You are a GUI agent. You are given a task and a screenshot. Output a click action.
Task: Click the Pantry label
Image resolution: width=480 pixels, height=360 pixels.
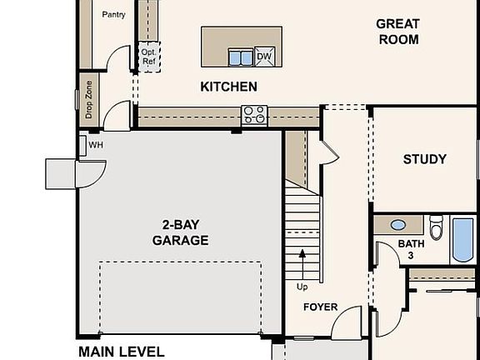click(113, 15)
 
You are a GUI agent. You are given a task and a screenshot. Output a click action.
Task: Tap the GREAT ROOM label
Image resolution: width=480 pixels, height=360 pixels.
click(397, 32)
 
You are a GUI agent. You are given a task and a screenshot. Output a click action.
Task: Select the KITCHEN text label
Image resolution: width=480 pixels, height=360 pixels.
click(228, 87)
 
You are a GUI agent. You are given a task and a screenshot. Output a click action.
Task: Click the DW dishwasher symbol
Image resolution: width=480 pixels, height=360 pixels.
click(264, 56)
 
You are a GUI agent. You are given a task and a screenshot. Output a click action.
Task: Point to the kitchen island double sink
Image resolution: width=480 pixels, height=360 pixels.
click(241, 57)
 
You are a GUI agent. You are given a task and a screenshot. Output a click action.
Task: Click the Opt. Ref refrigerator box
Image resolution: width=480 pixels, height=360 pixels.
click(148, 56)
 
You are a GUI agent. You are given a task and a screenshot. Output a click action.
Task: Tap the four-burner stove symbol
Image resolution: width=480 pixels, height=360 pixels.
click(253, 114)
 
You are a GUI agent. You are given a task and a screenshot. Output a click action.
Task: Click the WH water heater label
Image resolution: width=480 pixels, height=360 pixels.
click(95, 145)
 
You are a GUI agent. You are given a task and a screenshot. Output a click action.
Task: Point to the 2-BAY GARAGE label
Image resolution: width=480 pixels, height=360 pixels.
click(180, 232)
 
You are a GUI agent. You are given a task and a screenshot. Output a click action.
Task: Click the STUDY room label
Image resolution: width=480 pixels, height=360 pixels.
click(424, 159)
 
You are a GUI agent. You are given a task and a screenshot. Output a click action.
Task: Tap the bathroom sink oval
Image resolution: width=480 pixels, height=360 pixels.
click(398, 225)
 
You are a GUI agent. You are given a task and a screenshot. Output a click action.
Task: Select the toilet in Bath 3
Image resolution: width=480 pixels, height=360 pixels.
click(436, 227)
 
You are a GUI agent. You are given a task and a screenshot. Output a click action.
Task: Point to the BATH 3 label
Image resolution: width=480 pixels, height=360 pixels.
click(410, 249)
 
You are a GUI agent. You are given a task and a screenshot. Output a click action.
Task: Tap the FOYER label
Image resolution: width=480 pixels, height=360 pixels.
click(320, 307)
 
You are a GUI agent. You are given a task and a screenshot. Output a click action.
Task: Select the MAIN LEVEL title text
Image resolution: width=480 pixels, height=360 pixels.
click(121, 352)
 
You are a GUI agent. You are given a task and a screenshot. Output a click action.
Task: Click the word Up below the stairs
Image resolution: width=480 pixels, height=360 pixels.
click(302, 287)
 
